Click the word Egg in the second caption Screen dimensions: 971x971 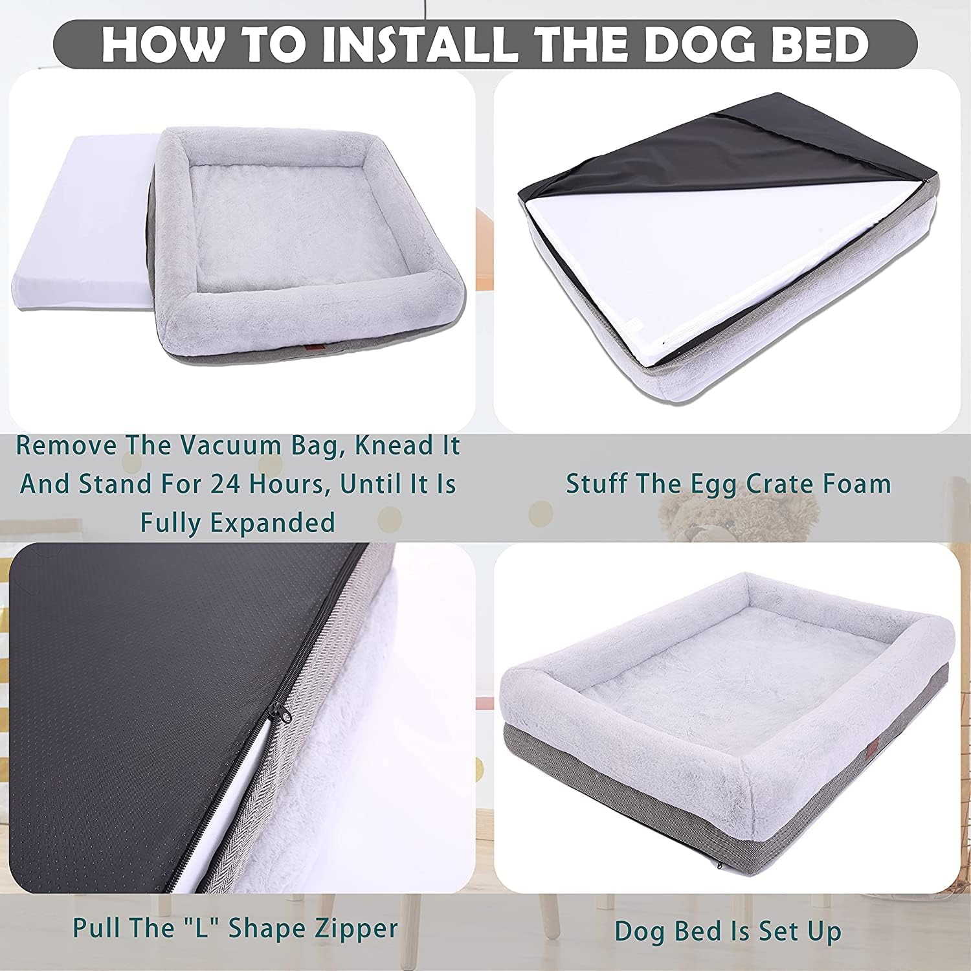click(x=685, y=484)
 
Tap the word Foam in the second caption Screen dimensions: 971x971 click(x=855, y=484)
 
